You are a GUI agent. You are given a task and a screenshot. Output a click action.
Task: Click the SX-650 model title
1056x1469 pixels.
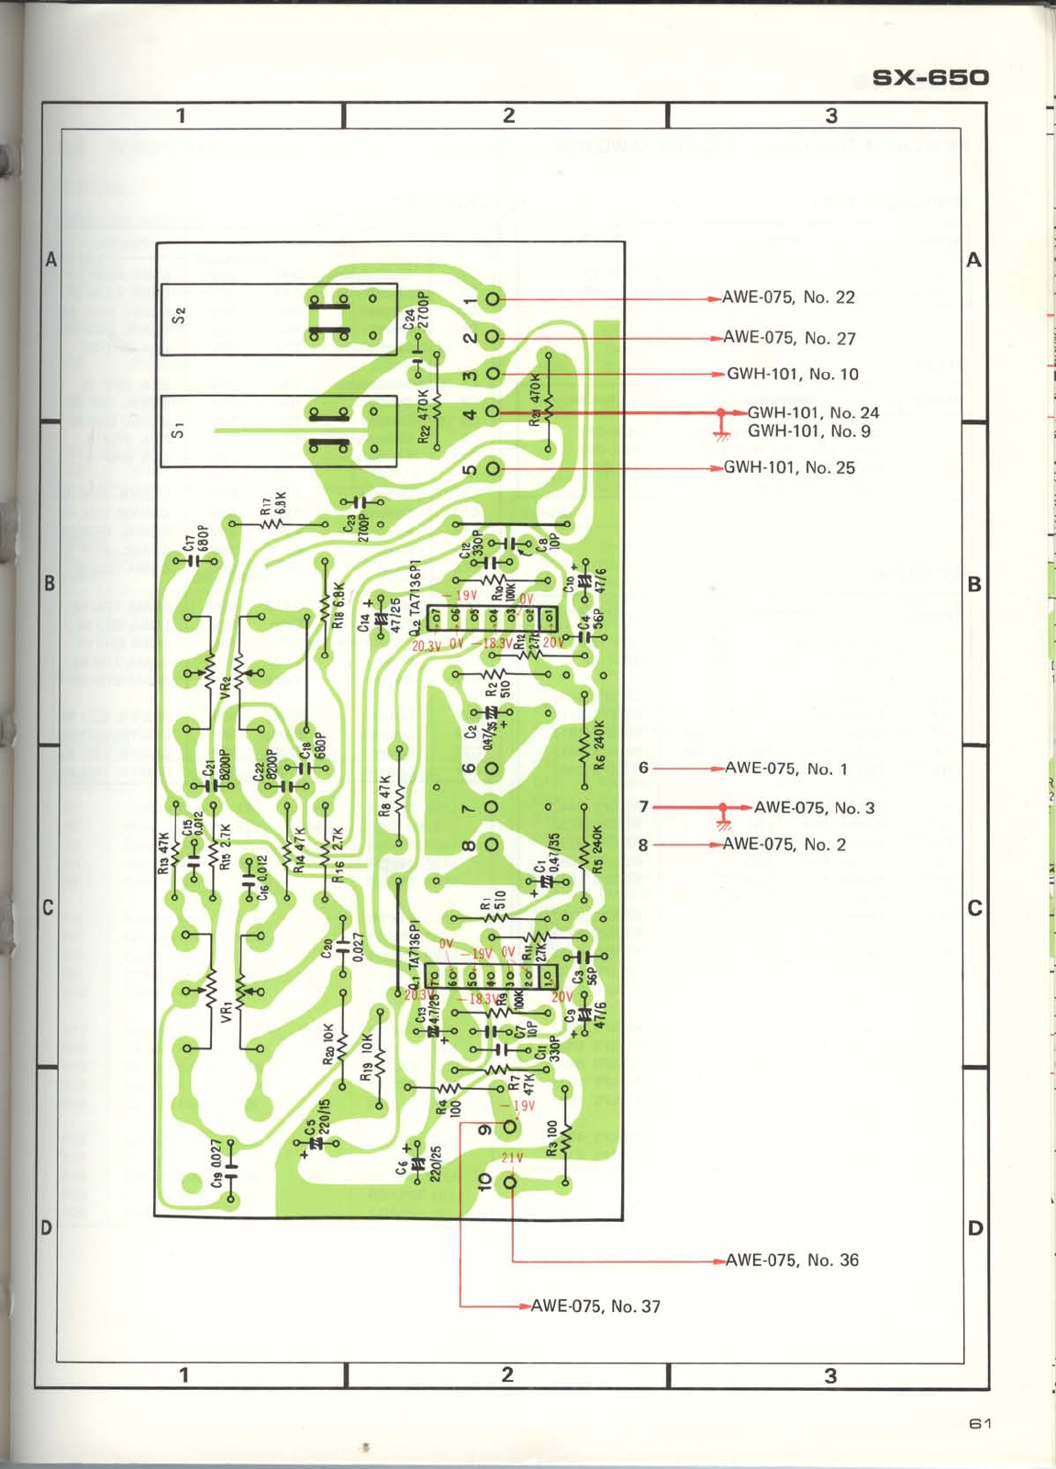(930, 77)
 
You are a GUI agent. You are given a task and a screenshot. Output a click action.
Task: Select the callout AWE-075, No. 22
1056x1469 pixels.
(788, 297)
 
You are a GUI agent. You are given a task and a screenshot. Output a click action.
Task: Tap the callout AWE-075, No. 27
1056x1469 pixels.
(789, 338)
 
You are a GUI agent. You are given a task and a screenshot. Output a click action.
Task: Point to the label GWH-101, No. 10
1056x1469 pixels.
(793, 374)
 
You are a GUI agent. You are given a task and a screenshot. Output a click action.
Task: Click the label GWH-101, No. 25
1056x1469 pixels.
(789, 467)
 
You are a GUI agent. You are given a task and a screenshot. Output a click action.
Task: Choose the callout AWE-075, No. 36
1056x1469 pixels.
(792, 1260)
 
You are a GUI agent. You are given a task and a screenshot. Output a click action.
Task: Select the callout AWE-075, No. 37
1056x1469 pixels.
(595, 1306)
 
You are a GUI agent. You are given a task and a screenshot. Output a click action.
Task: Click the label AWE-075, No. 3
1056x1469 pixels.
(814, 808)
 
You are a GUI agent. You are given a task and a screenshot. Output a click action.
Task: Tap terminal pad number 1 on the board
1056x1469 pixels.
(494, 298)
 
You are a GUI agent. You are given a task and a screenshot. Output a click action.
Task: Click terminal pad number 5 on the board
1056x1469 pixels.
(494, 469)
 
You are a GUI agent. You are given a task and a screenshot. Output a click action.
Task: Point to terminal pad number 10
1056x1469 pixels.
(509, 1183)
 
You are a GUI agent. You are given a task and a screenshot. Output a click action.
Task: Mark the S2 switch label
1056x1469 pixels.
(180, 315)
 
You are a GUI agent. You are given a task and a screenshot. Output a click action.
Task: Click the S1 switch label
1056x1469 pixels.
(180, 429)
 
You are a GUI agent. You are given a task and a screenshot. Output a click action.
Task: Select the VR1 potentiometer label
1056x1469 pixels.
(227, 1014)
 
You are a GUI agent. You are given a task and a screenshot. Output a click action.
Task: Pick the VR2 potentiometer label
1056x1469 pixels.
(226, 687)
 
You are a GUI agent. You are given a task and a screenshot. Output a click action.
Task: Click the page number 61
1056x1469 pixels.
(980, 1424)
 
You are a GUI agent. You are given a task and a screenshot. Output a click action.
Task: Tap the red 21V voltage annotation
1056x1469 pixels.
(512, 1158)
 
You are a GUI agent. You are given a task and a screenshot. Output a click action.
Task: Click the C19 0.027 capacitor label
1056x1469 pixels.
(217, 1162)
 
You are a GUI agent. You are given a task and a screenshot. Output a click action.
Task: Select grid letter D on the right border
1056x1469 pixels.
(974, 1228)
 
